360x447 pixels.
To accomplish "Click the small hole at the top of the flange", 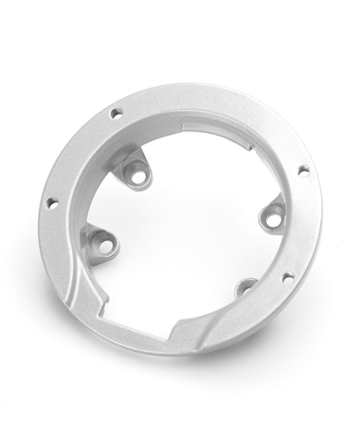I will (x=116, y=114).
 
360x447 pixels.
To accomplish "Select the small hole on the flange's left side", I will (x=51, y=200).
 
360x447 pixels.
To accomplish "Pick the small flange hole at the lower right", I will (x=286, y=276).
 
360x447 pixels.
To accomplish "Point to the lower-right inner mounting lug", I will (x=245, y=290).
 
